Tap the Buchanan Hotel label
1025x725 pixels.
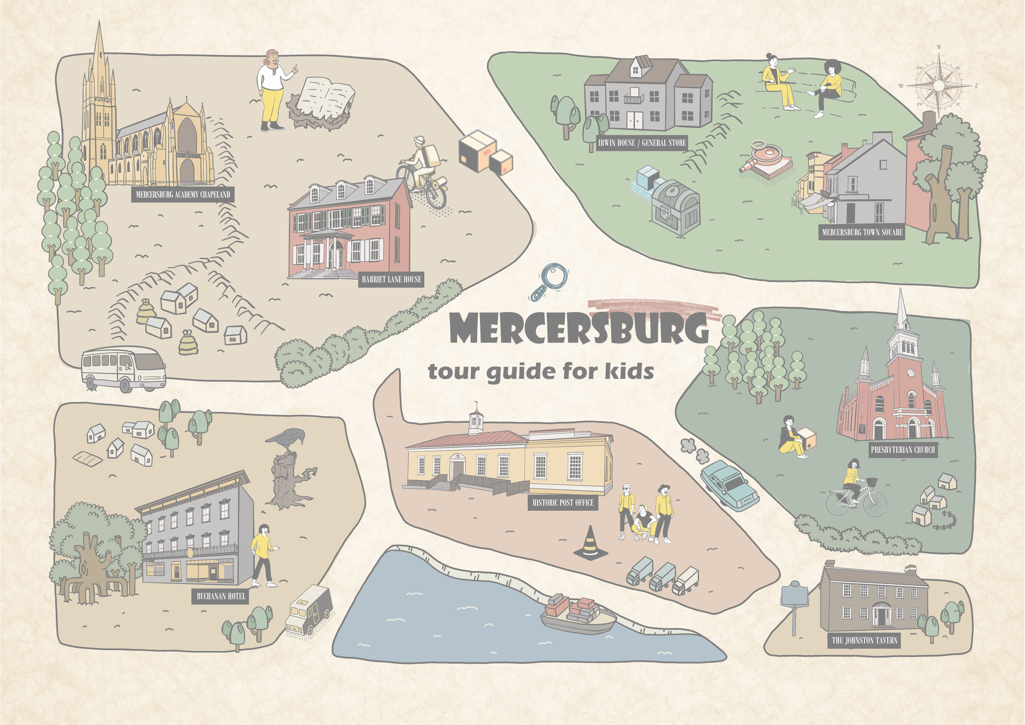click(x=221, y=596)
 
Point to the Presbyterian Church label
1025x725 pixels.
click(x=902, y=450)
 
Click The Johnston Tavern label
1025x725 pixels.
click(x=864, y=640)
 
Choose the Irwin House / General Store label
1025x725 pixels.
click(x=642, y=143)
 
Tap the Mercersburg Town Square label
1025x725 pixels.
click(x=862, y=232)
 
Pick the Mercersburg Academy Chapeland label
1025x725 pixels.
click(x=183, y=194)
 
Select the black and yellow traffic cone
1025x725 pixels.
click(x=590, y=543)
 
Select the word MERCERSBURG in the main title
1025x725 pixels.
click(x=579, y=328)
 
